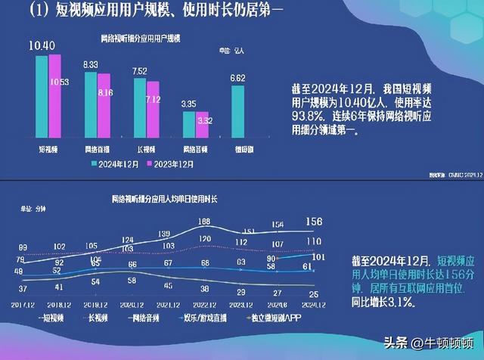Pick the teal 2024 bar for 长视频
coord(139,106)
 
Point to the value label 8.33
coord(91,66)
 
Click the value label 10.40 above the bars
coord(42,47)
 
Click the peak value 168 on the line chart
coord(203,222)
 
